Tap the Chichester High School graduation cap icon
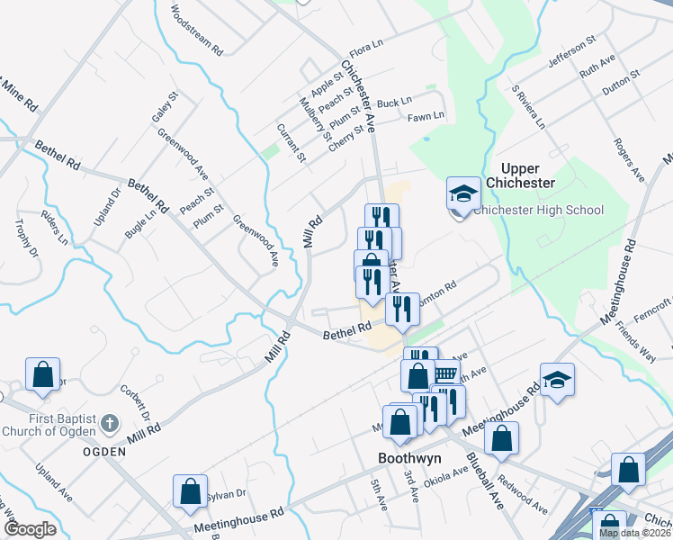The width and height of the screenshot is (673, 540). [x=463, y=193]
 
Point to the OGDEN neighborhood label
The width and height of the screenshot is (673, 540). [x=103, y=451]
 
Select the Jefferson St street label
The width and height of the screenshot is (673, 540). [x=572, y=53]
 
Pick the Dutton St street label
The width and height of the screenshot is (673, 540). [x=621, y=78]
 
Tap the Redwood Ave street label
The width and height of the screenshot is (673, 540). [x=523, y=496]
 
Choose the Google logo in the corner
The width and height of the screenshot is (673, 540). [x=30, y=529]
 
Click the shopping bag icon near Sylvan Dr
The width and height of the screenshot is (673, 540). [x=190, y=490]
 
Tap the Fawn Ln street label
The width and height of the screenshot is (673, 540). [x=426, y=116]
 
